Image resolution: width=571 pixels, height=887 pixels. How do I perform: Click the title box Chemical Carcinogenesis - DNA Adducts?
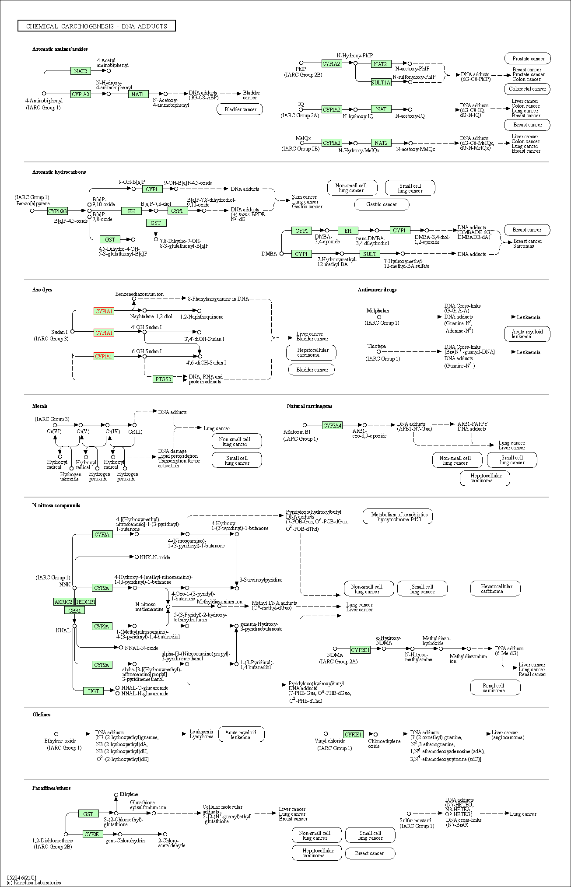[97, 26]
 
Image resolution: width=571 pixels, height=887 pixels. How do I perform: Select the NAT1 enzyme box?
[138, 94]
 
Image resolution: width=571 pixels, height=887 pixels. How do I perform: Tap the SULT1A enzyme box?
[381, 82]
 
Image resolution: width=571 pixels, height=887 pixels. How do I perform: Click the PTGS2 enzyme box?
[163, 379]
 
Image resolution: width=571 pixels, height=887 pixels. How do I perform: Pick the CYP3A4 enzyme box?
[332, 425]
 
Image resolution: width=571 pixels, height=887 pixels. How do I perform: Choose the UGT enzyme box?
[94, 691]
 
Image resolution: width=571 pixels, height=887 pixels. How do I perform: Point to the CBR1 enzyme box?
[74, 610]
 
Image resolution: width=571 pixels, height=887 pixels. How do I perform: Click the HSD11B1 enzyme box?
[85, 602]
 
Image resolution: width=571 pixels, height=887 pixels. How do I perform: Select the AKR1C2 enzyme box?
[63, 602]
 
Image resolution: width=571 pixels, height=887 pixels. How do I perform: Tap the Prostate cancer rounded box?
[528, 59]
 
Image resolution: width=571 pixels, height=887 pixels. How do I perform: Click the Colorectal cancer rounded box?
[527, 89]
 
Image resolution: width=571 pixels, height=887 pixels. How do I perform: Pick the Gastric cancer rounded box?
[382, 204]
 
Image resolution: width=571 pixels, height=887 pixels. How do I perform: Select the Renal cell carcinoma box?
[495, 688]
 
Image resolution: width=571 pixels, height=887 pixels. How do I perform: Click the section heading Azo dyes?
[42, 290]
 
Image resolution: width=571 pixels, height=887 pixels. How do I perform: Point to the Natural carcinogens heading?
[309, 406]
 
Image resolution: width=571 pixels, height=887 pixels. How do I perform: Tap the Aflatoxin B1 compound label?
[297, 432]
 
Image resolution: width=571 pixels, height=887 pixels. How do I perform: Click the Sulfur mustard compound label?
[415, 820]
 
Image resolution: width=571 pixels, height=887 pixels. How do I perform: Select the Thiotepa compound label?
[376, 346]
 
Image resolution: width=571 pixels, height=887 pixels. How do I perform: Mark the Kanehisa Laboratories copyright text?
[34, 882]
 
